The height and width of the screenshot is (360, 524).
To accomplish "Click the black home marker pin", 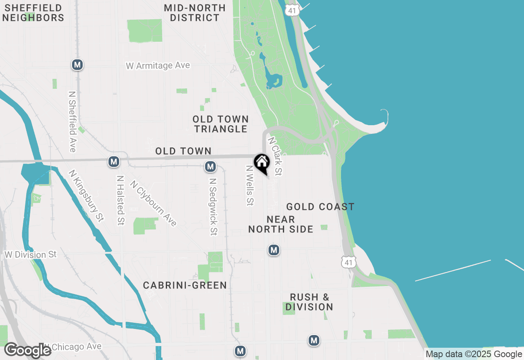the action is (x=262, y=163).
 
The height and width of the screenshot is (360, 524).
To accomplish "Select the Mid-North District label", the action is (x=195, y=13).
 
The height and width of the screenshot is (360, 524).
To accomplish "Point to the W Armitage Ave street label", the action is (x=158, y=65).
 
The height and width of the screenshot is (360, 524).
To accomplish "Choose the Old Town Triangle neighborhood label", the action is (x=221, y=124).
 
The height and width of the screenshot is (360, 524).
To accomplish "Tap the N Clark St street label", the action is (x=275, y=156).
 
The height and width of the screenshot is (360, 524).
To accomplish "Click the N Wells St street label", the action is (x=250, y=185).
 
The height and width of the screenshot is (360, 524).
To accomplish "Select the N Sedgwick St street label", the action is (x=213, y=207).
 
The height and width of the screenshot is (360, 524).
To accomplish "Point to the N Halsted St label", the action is (x=120, y=200).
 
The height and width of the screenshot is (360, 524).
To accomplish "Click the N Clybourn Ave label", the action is (x=154, y=203).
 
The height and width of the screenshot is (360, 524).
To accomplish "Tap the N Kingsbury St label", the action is (x=86, y=196).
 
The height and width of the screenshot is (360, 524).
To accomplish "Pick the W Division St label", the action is (x=31, y=254).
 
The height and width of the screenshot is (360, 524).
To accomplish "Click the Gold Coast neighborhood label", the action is (x=320, y=207).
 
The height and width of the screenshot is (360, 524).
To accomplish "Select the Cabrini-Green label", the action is (x=185, y=285).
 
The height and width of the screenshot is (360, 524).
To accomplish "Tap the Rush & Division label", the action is (x=309, y=302).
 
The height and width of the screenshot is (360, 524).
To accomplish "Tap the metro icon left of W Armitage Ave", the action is (x=77, y=65).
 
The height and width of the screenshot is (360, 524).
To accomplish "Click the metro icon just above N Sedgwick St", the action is (x=210, y=166).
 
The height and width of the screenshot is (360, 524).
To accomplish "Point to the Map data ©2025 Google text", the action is (x=474, y=354).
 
